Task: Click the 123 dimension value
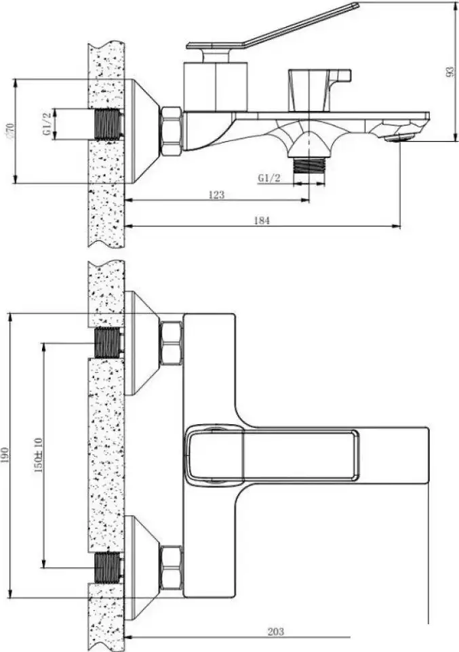[216, 195]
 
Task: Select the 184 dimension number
[262, 220]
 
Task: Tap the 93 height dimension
[450, 72]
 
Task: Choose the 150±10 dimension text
[38, 455]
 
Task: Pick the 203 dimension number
[275, 632]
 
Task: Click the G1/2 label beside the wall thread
[47, 123]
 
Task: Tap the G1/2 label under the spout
[269, 178]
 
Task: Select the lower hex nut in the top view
[171, 567]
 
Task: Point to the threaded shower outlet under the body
[309, 165]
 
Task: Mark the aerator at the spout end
[398, 138]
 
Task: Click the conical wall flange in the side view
[142, 131]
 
